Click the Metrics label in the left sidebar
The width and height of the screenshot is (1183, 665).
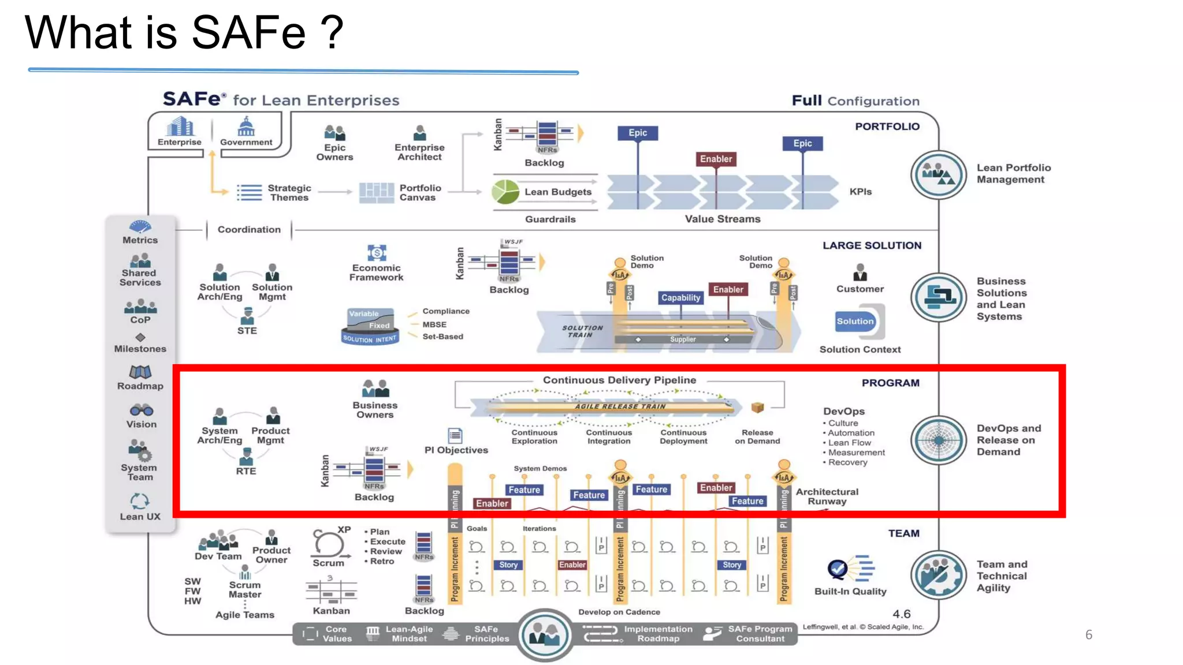point(140,240)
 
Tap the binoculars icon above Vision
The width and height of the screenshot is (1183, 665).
point(141,410)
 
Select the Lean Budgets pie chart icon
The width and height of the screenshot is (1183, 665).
point(505,192)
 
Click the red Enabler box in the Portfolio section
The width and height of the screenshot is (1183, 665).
point(716,159)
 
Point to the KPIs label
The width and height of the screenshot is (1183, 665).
point(860,192)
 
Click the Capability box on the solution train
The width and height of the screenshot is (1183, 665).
point(680,298)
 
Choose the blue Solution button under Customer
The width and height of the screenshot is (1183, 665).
point(855,322)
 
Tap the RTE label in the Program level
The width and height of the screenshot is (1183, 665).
point(245,471)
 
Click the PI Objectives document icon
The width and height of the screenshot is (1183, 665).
point(455,435)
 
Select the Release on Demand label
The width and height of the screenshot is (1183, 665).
point(757,436)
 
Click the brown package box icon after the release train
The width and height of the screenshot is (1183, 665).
point(757,408)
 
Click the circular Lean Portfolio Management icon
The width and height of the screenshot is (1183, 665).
point(938,175)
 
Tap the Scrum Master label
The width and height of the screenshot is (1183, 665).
point(245,589)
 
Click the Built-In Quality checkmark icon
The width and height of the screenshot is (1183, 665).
point(838,569)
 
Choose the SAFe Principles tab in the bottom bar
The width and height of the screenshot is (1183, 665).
point(486,634)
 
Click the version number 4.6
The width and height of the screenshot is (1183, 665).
point(901,614)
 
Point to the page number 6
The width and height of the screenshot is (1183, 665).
point(1088,635)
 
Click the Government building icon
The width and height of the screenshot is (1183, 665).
point(246,126)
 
